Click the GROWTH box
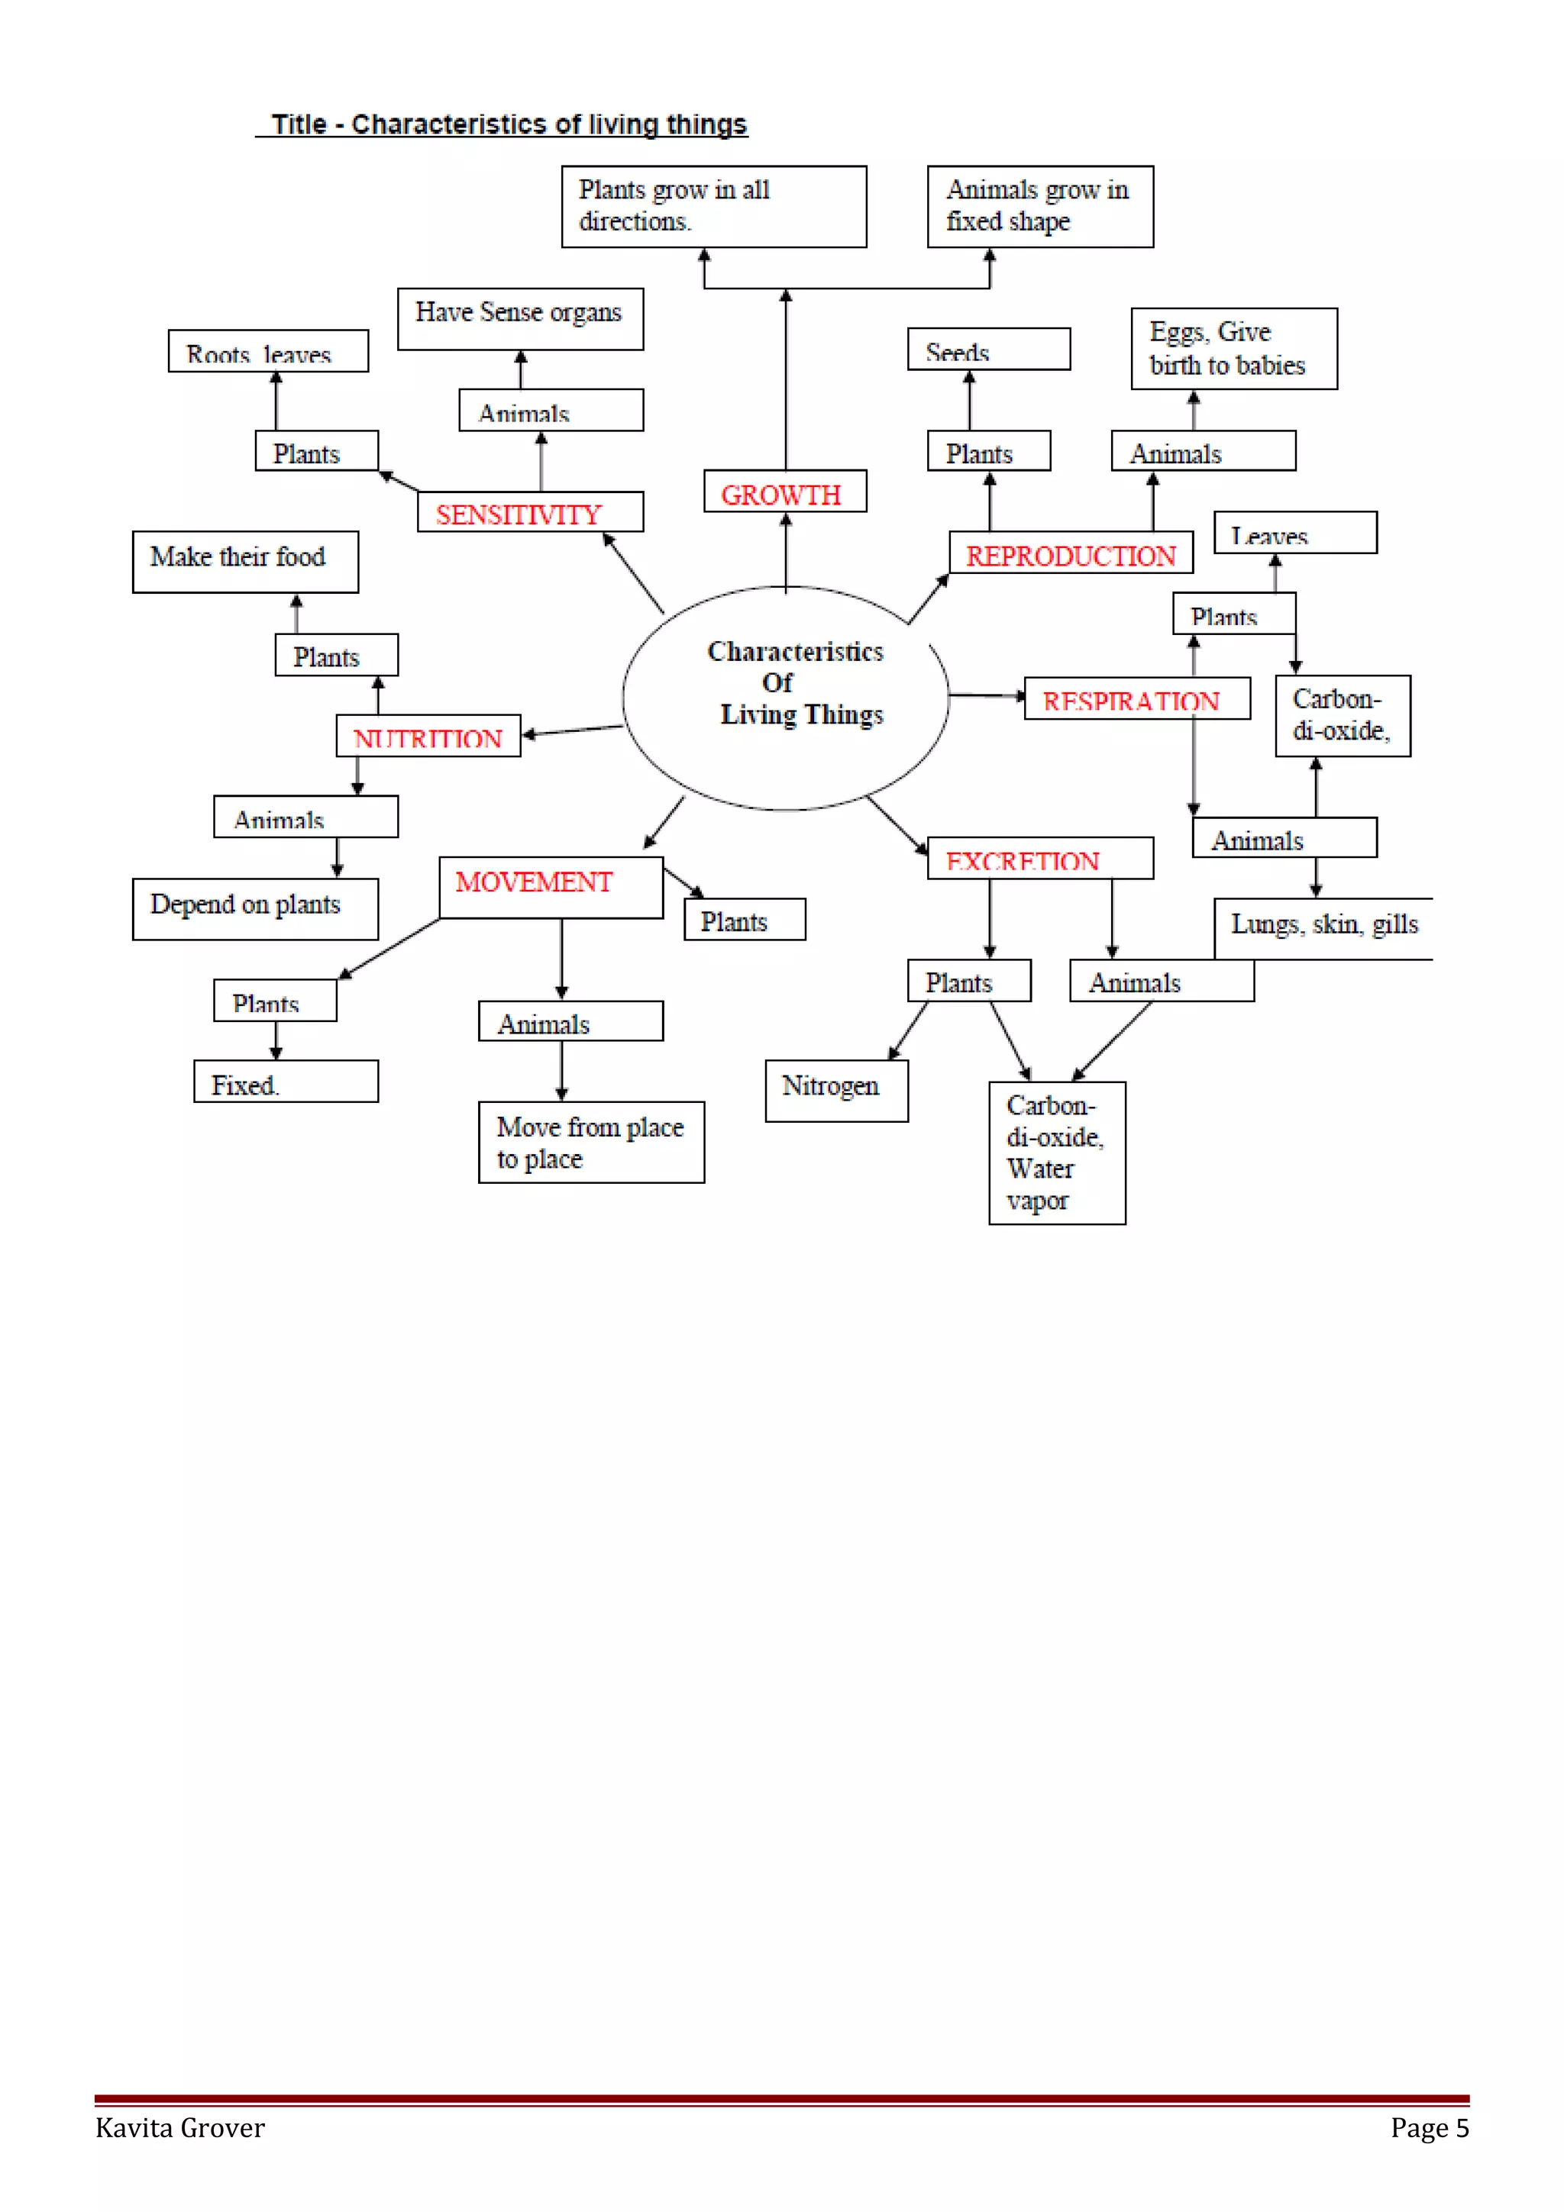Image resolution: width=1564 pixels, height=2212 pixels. tap(784, 492)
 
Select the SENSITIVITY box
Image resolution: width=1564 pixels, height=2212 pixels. tap(530, 512)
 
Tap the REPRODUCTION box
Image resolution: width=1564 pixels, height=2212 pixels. tap(1071, 553)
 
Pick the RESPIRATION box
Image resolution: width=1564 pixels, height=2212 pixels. tap(1137, 698)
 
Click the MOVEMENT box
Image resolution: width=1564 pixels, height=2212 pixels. tap(551, 887)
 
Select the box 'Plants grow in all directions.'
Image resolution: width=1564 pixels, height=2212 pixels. tap(713, 206)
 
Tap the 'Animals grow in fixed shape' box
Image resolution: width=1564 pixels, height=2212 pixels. tap(1040, 206)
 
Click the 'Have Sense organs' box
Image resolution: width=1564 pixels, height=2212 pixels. tap(519, 318)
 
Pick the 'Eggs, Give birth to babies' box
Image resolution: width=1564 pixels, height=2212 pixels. tap(1233, 349)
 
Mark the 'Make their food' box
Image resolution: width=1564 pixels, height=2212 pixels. tap(245, 562)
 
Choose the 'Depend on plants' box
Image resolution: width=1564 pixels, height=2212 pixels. tap(254, 908)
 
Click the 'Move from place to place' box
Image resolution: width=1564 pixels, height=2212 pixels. tap(591, 1142)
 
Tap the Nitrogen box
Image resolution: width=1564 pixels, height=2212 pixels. tap(835, 1091)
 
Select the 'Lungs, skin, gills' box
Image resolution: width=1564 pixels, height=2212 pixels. tap(1324, 927)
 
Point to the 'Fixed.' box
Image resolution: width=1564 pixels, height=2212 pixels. tap(286, 1081)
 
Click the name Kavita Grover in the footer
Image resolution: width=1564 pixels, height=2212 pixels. tap(180, 2128)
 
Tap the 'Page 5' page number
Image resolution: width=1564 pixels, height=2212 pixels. tap(1429, 2128)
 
